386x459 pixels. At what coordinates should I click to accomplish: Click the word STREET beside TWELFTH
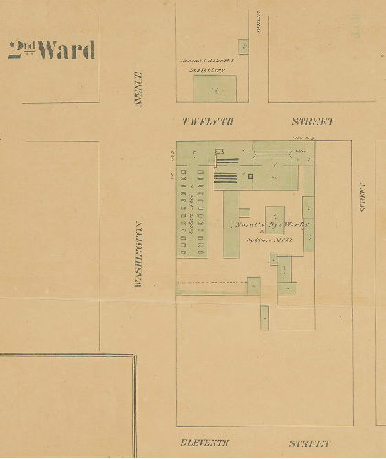pyautogui.click(x=313, y=121)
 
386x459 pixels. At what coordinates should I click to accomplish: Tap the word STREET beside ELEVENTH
pyautogui.click(x=311, y=443)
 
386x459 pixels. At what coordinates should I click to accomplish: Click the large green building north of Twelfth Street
pyautogui.click(x=215, y=89)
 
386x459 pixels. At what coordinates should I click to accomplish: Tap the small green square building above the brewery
pyautogui.click(x=243, y=46)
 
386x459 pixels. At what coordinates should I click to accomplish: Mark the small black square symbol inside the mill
pyautogui.click(x=248, y=174)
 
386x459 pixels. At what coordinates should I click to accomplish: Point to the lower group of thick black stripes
pyautogui.click(x=228, y=179)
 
